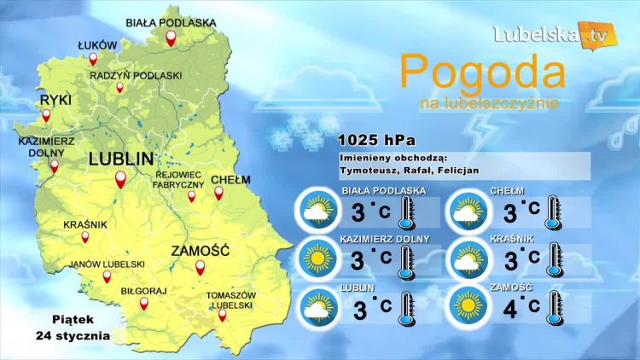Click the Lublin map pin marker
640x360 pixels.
[121, 179]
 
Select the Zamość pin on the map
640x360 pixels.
[201, 267]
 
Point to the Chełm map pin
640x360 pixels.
[218, 193]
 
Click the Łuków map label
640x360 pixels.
[96, 44]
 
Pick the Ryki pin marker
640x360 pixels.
[46, 115]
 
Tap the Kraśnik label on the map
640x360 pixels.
[85, 225]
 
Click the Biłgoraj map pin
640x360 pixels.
[144, 305]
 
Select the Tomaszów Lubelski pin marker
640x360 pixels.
[223, 315]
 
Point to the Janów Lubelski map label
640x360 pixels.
[108, 264]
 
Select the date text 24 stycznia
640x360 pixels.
[73, 335]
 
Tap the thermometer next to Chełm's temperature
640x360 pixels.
[555, 210]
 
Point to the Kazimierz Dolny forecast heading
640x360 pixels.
[385, 239]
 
